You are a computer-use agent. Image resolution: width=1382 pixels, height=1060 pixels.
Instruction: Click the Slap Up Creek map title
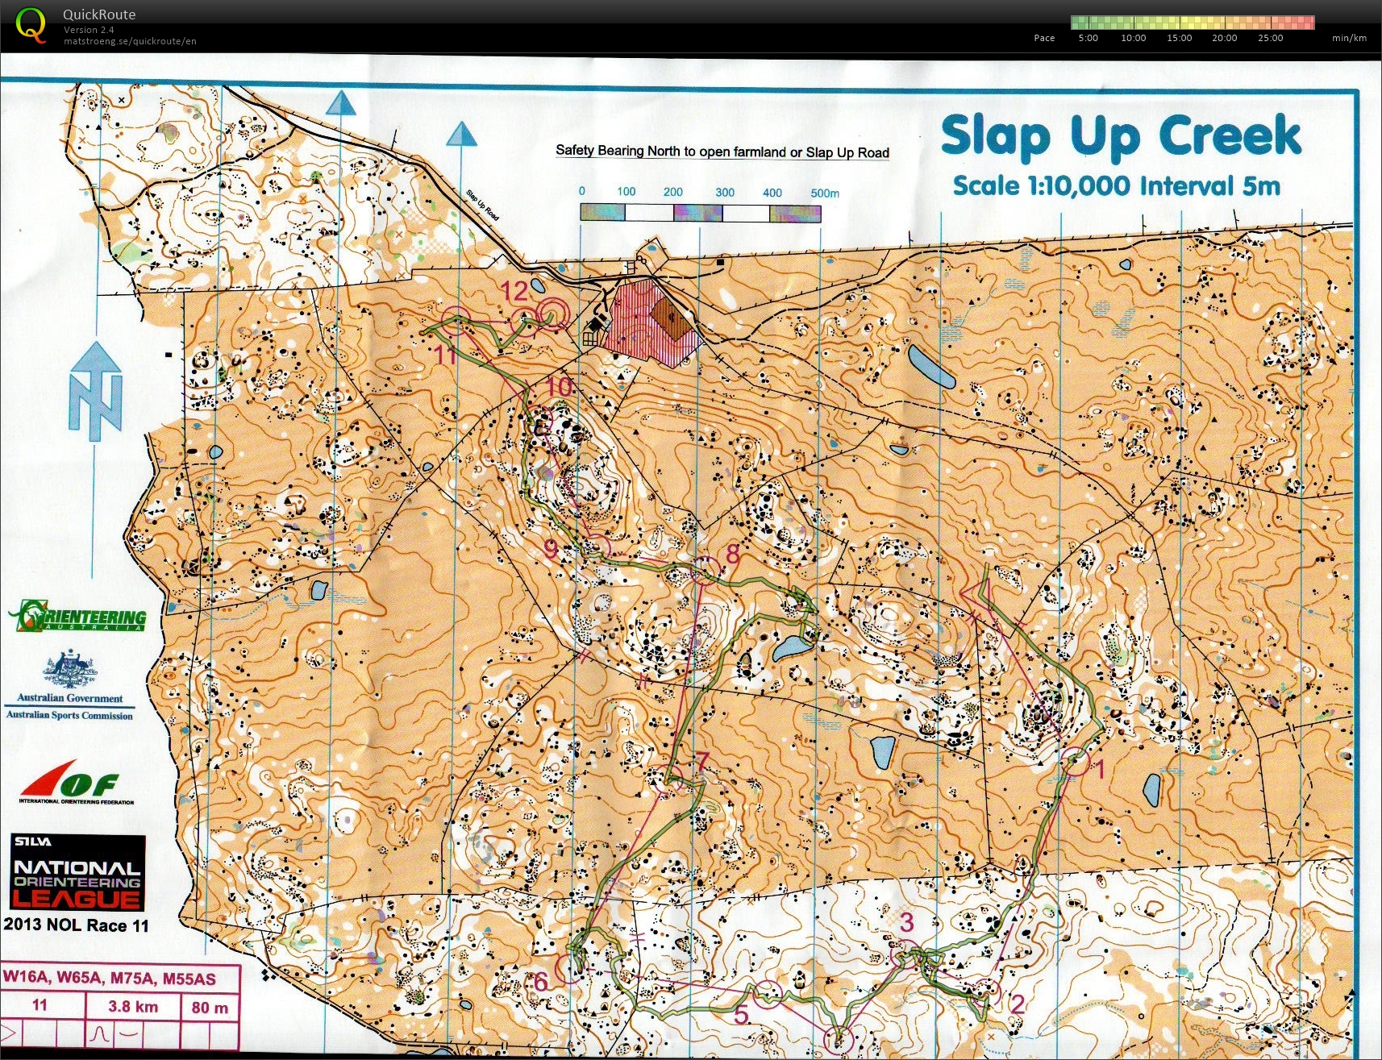click(x=1121, y=135)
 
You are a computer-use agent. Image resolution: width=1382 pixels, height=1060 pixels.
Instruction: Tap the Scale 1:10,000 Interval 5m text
click(x=1116, y=186)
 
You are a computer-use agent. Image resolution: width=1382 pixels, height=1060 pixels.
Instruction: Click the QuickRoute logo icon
click(x=31, y=25)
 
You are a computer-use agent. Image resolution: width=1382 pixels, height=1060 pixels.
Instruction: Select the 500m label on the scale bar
click(x=824, y=193)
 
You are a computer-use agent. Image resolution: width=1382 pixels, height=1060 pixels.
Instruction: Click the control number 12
click(x=514, y=291)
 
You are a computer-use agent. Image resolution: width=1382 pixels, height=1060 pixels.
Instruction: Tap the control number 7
click(x=701, y=760)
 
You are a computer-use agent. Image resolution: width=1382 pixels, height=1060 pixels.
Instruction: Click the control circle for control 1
click(x=1076, y=762)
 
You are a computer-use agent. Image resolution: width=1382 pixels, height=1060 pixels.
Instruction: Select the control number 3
click(x=906, y=921)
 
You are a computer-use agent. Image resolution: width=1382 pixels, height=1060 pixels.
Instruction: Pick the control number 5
click(x=741, y=1015)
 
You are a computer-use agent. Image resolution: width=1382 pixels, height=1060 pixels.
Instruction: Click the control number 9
click(x=550, y=550)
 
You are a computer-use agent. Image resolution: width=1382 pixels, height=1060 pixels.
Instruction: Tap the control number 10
click(x=559, y=387)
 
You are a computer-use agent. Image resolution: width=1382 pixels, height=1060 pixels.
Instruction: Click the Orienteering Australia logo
click(x=78, y=617)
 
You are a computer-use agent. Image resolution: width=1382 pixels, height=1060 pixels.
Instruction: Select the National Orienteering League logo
click(x=78, y=873)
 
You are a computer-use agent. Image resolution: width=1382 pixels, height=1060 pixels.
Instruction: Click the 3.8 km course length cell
click(x=133, y=1007)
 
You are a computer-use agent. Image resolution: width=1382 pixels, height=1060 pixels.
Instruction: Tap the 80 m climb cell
click(x=210, y=1008)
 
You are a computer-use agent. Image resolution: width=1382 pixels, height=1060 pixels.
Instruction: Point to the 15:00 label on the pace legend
click(x=1179, y=38)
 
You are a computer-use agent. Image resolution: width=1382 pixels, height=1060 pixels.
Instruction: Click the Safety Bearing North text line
click(x=722, y=152)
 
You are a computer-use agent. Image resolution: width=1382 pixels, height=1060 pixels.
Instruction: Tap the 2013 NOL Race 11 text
click(x=76, y=925)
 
